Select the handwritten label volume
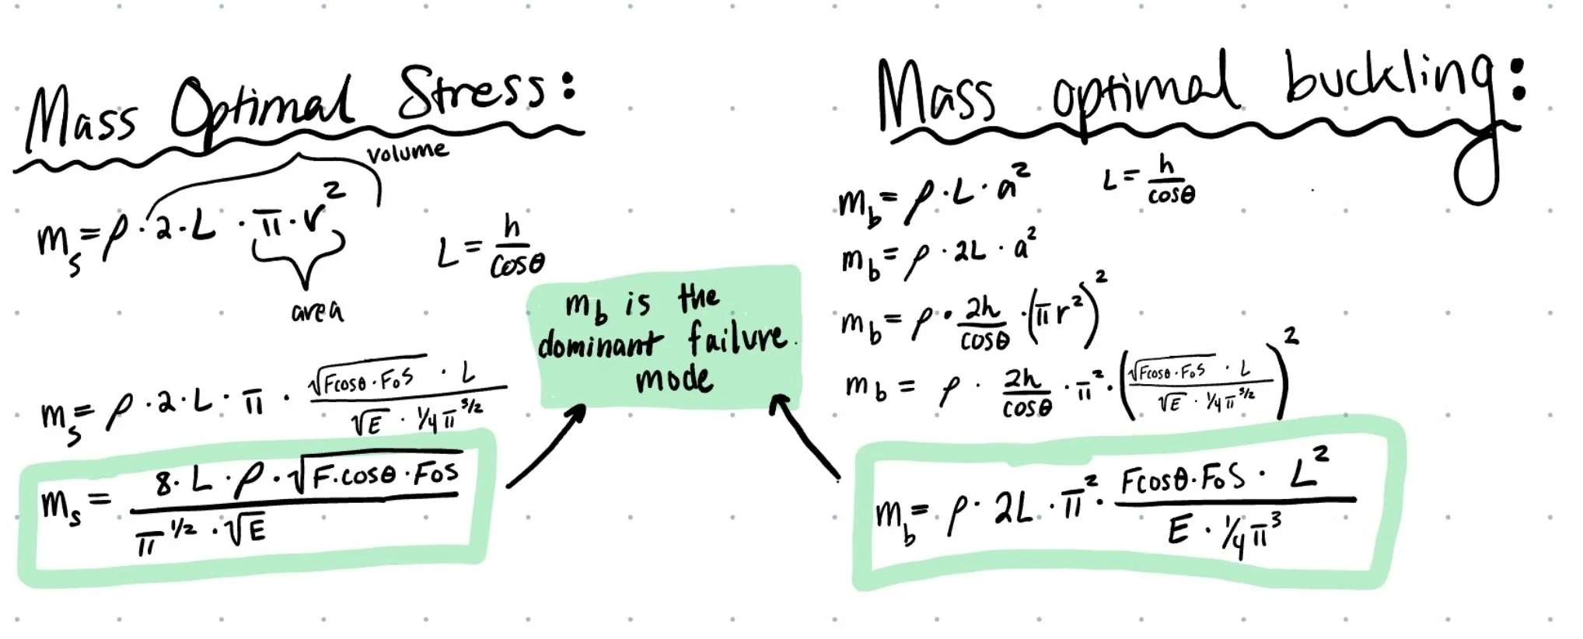click(407, 152)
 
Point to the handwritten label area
click(317, 311)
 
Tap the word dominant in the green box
click(599, 342)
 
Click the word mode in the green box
click(673, 380)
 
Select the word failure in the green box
click(736, 339)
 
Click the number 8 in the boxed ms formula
click(163, 484)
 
